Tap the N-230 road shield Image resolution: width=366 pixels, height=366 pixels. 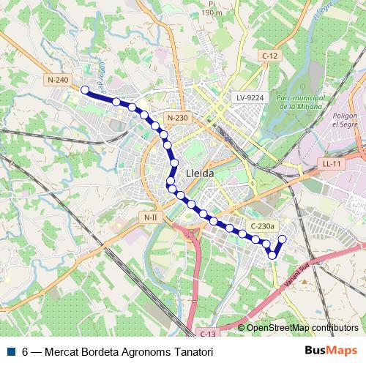(x=177, y=118)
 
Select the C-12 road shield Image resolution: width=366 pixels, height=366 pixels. (x=270, y=56)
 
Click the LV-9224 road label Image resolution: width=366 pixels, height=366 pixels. (x=249, y=97)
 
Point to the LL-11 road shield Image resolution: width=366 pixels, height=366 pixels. (x=332, y=164)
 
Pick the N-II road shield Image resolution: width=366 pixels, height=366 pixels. (x=150, y=217)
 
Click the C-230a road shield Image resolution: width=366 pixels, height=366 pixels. (x=261, y=226)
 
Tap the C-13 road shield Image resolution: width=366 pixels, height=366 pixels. (x=206, y=333)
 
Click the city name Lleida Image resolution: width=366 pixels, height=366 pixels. (x=201, y=173)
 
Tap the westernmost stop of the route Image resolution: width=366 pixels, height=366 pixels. (x=84, y=90)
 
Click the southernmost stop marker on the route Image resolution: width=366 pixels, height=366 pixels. (x=272, y=255)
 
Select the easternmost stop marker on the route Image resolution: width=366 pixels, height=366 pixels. (x=282, y=239)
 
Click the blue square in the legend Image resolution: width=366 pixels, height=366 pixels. (x=11, y=351)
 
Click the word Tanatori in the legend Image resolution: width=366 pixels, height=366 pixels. (x=194, y=351)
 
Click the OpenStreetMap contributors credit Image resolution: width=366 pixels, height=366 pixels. (x=302, y=327)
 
